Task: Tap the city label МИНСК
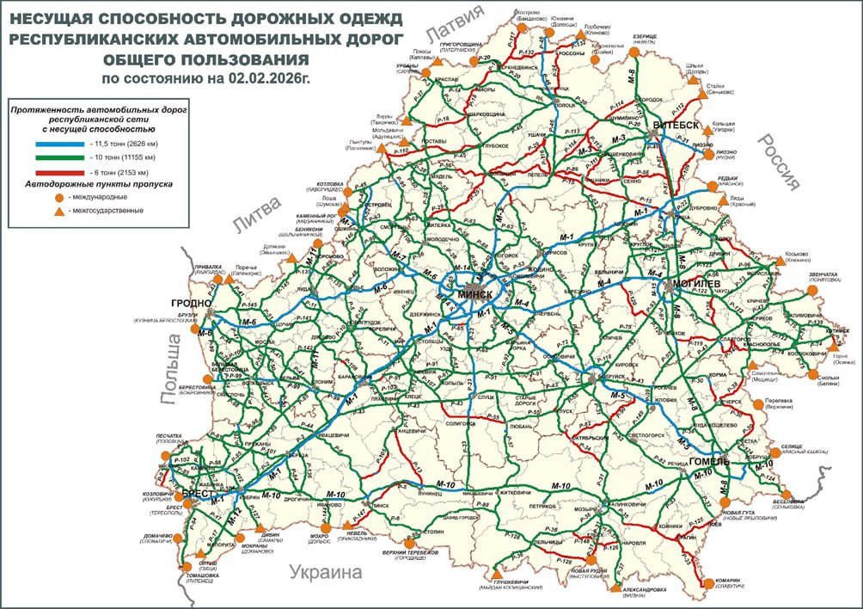coord(476,294)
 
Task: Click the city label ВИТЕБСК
coord(674,126)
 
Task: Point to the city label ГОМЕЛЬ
coord(709,461)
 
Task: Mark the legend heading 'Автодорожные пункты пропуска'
coord(100,184)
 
